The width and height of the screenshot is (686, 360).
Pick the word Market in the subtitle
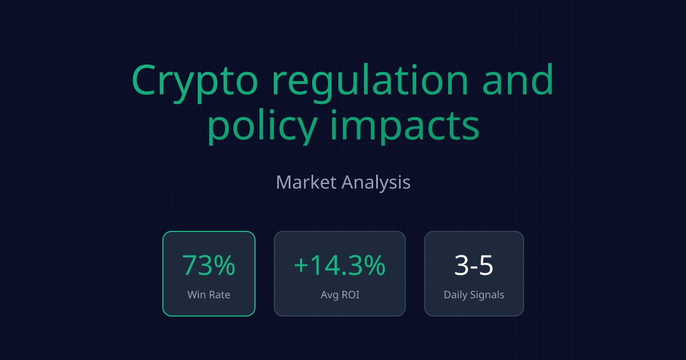coord(306,183)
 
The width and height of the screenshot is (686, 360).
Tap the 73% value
coord(209,266)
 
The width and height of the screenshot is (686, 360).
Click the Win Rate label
coord(209,295)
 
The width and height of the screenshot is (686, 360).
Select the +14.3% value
coord(340,266)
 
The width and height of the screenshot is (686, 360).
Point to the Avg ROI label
coord(340,295)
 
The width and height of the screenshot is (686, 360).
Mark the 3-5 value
coord(474,266)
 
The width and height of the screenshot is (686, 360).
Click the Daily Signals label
coord(474,295)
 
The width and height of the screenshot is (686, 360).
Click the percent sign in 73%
coord(225,266)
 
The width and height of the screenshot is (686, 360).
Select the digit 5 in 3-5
coord(486,266)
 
